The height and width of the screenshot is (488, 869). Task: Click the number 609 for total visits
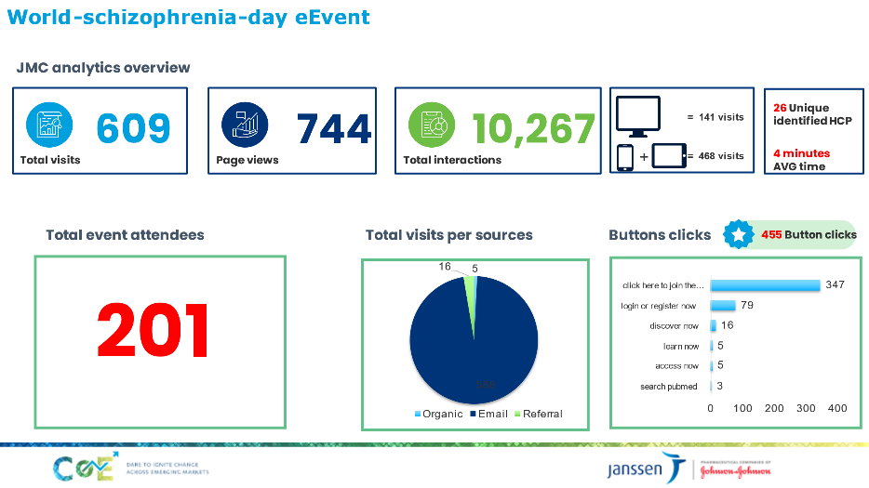(134, 129)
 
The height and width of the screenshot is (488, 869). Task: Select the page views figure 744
(334, 129)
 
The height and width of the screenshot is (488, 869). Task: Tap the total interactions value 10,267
(534, 129)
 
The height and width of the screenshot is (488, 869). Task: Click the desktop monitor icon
(638, 115)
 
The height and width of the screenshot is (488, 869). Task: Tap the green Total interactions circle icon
(432, 125)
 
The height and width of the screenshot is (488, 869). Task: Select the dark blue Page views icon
(245, 125)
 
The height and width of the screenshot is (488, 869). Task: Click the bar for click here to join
(765, 285)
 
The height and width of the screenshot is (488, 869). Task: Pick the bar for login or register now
(723, 306)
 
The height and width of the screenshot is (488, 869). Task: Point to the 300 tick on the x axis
(807, 408)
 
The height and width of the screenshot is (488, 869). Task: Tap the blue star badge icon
(738, 235)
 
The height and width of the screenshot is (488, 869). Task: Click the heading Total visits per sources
(449, 235)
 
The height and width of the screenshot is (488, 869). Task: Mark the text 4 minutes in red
(802, 153)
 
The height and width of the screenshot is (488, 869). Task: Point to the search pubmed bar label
(669, 387)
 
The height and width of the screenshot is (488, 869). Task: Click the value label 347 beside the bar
(835, 284)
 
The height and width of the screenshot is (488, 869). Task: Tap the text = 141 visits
(715, 117)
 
